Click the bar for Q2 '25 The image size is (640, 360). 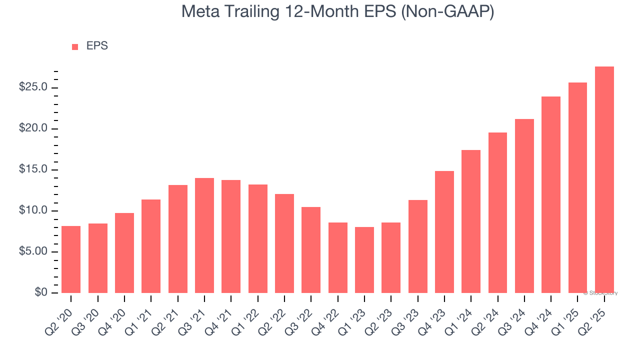(604, 180)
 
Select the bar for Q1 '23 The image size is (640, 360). (364, 260)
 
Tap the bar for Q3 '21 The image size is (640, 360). (204, 235)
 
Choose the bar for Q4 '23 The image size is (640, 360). (444, 232)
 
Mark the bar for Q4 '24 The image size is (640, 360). (551, 194)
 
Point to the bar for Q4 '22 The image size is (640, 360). (337, 257)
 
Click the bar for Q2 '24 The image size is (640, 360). (497, 212)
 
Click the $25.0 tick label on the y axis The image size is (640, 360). (33, 87)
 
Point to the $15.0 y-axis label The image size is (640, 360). (33, 169)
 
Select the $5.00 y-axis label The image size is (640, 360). (33, 251)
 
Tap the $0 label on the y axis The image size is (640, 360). (40, 292)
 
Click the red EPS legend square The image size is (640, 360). (75, 47)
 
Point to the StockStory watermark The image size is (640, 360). (600, 293)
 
